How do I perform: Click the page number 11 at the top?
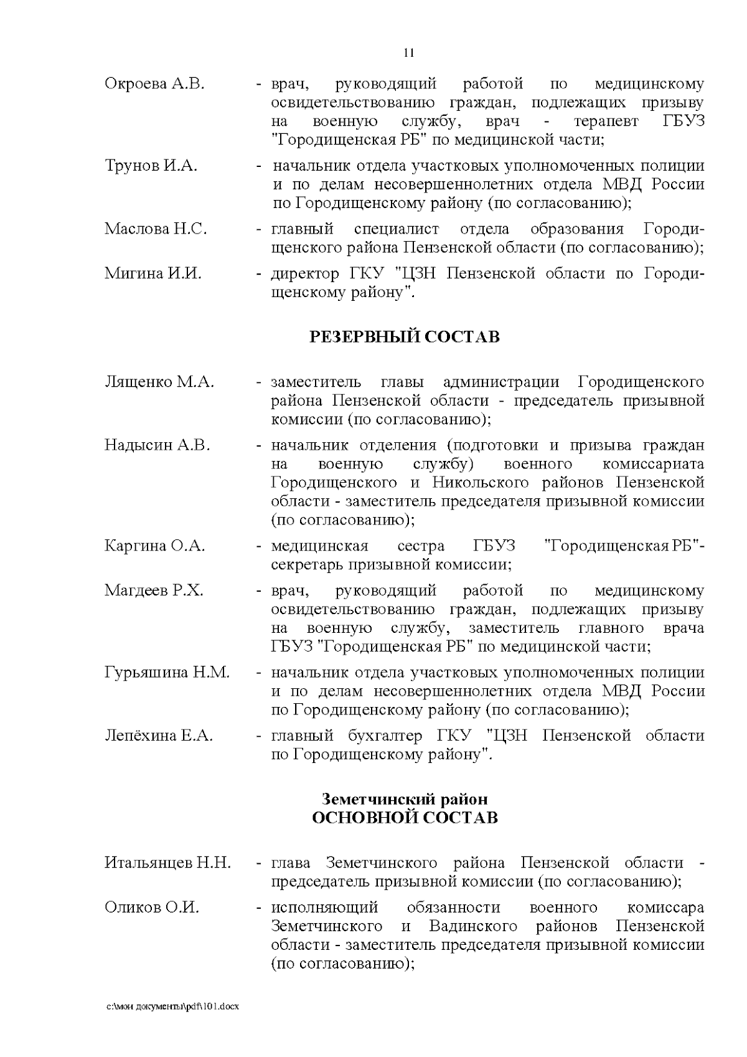coord(409,52)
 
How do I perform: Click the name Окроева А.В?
coord(154,84)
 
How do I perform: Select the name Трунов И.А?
coord(151,166)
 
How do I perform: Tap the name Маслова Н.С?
coord(156,229)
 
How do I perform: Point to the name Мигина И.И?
coord(153,273)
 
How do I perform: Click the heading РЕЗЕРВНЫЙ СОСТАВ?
coord(405,337)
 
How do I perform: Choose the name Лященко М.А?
coord(159,382)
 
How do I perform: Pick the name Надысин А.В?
coord(157,445)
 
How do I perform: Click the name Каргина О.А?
coord(155,546)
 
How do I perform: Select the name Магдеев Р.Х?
coord(154,590)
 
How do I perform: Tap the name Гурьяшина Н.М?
coord(167,673)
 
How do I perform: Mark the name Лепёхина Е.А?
coord(159,736)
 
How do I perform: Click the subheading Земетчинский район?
coord(405,799)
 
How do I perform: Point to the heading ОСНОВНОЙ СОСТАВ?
coord(405,818)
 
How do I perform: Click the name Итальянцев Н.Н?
coord(167,863)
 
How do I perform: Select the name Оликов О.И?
coord(152,908)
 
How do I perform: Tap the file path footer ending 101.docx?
coord(172,1007)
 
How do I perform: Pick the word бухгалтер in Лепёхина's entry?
coord(382,736)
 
